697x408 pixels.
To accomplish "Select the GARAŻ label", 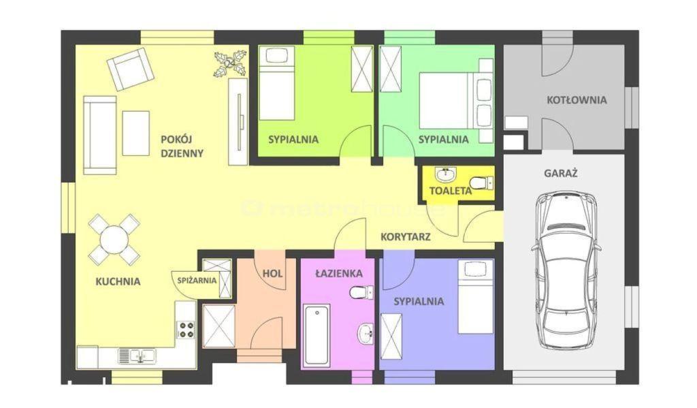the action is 561,173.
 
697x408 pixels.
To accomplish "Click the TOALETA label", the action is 451,191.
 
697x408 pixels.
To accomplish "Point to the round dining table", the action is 114,240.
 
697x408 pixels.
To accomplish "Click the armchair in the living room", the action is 130,69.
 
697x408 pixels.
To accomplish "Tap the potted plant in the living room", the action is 230,64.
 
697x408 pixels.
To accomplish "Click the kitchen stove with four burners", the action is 186,329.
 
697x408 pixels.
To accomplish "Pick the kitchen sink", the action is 137,356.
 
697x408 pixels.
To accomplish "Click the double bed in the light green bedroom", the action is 456,101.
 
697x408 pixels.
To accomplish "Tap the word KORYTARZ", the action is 406,237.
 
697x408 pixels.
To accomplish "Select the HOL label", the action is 272,273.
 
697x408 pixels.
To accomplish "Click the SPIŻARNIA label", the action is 197,281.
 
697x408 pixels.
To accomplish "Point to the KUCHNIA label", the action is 118,281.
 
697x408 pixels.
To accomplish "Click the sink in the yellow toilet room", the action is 445,175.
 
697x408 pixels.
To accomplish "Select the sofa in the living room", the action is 100,135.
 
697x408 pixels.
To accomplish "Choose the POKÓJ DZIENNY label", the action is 182,146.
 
